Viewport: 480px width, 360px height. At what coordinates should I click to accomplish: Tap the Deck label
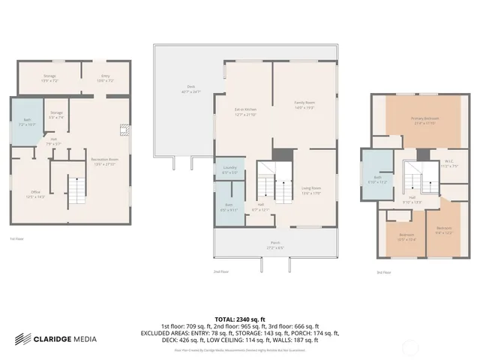point(181,89)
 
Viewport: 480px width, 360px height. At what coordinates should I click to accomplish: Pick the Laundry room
point(229,170)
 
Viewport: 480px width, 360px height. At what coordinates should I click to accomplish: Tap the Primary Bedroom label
point(424,120)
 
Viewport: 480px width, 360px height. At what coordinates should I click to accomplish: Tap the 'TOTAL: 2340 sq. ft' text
point(240,318)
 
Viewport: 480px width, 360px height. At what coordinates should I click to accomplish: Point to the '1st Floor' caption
point(16,239)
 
